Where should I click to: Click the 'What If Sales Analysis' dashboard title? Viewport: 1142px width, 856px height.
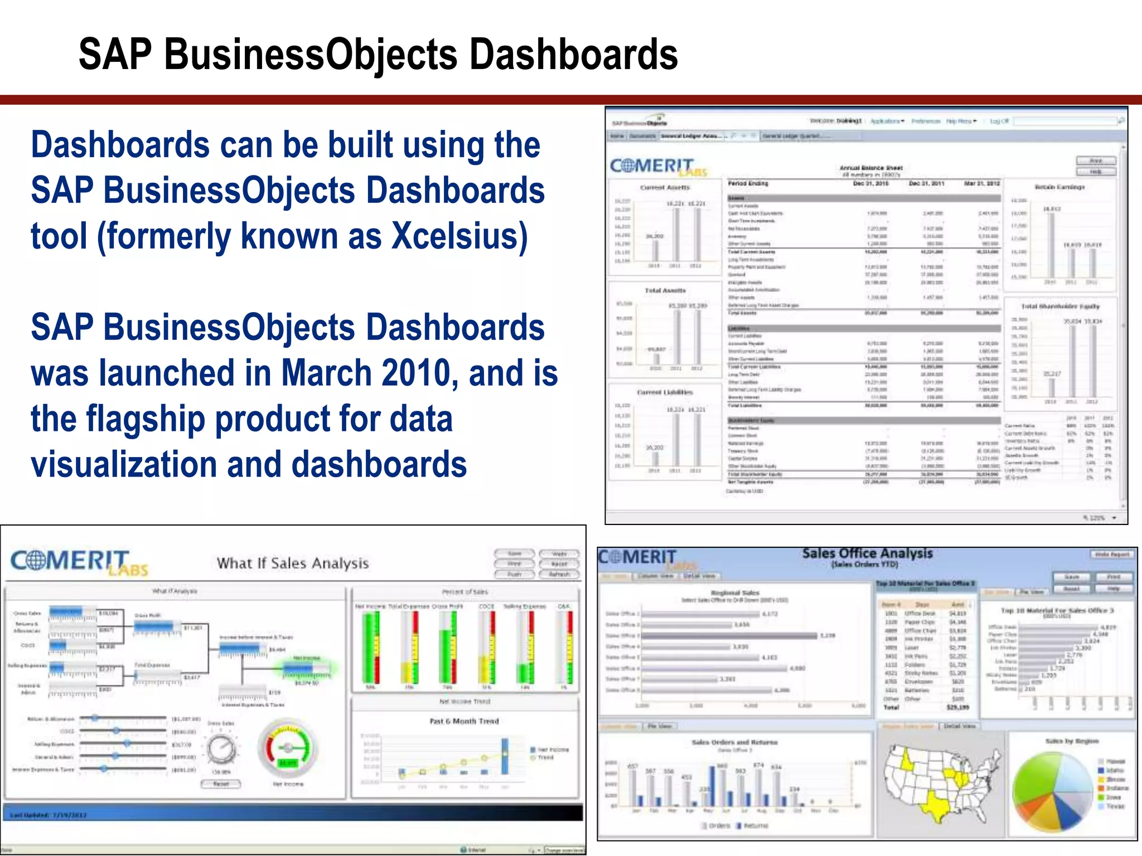293,563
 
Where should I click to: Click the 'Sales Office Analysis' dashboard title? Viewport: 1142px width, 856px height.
867,553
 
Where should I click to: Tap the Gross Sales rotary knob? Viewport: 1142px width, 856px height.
221,749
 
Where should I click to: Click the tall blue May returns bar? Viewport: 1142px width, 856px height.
712,786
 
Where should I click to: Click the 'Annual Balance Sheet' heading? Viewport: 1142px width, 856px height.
871,168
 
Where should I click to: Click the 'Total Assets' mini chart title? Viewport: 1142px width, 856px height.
665,290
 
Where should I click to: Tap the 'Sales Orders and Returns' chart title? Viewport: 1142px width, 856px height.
734,742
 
